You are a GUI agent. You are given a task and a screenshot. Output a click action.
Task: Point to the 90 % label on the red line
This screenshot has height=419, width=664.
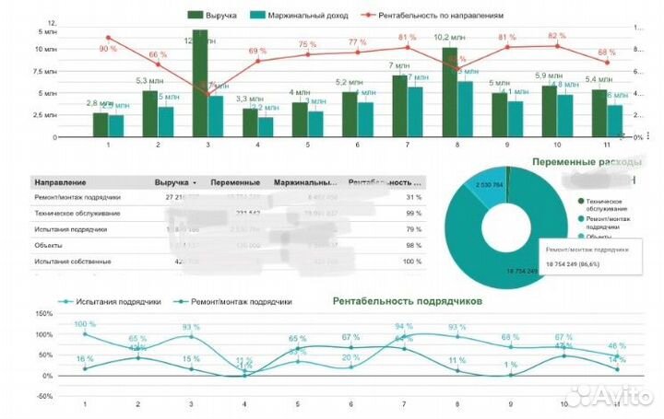(108, 48)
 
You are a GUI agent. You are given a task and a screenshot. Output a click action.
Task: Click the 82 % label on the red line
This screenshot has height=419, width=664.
(556, 36)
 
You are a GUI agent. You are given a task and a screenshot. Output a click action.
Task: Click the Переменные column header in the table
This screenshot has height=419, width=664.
(235, 182)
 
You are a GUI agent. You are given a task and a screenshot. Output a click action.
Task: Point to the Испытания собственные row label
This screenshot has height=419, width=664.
(73, 262)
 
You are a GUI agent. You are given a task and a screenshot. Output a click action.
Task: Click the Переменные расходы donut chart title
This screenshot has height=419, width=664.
(585, 162)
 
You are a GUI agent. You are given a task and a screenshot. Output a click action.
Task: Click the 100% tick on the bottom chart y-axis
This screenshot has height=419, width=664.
(44, 333)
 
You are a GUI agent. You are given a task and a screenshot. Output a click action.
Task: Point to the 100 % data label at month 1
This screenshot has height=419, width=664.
(85, 324)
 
